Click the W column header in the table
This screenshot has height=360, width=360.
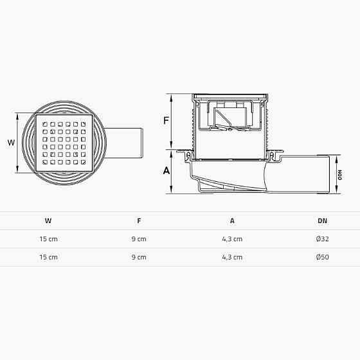[48, 221]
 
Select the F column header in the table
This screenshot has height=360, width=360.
[139, 221]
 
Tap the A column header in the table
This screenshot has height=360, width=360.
[232, 221]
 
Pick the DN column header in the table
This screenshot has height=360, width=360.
[322, 221]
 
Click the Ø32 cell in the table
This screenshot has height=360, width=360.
[322, 239]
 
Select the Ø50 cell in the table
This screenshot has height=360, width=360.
[322, 257]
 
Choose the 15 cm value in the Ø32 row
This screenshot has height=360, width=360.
[48, 239]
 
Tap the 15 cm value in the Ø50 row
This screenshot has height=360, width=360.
[48, 257]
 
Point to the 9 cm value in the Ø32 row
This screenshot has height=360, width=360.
[139, 239]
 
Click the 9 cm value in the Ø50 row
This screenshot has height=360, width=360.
[139, 257]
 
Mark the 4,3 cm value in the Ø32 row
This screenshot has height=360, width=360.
[232, 239]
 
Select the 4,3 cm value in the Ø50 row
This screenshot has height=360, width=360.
[232, 257]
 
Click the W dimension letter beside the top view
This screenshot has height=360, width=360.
[10, 143]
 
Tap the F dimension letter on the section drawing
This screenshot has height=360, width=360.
[166, 120]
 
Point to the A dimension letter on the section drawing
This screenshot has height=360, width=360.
[166, 171]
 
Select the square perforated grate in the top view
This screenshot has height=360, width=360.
[66, 143]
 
